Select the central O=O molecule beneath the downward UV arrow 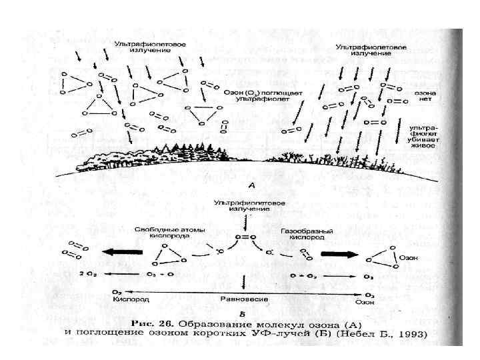[x=246, y=236]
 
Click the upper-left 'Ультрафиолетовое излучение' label [x=150, y=47]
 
